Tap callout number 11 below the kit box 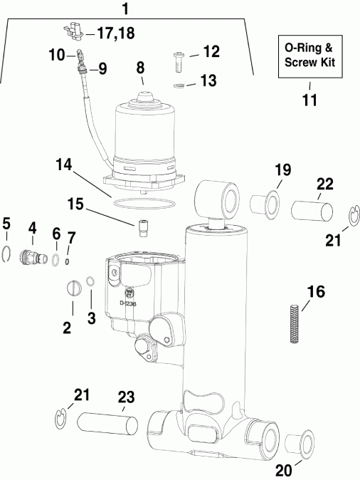tap(309, 100)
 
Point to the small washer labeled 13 tap(181, 85)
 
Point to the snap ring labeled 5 tap(7, 253)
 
